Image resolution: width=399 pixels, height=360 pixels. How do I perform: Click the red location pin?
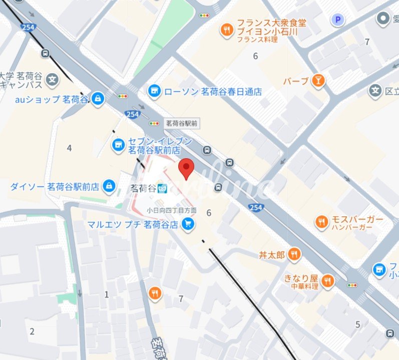click(186, 168)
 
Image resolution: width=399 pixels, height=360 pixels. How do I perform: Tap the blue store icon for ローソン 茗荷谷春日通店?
click(155, 91)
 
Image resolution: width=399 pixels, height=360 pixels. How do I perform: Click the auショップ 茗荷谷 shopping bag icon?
click(97, 99)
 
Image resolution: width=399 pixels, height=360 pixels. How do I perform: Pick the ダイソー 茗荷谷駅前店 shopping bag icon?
click(108, 187)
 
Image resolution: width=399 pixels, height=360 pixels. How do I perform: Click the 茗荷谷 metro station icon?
click(163, 189)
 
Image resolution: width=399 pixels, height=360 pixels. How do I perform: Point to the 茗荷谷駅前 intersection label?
click(182, 123)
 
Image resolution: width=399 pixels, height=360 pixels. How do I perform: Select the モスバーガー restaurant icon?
click(322, 221)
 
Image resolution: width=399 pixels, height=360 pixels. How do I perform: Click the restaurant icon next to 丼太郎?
click(294, 255)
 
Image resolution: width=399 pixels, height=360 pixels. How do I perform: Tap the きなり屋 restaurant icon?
click(328, 280)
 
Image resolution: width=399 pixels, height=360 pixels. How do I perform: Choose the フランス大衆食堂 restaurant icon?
click(227, 31)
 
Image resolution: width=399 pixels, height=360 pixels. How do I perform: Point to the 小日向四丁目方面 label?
click(171, 211)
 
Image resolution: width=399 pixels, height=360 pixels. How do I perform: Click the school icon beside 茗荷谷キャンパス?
click(52, 79)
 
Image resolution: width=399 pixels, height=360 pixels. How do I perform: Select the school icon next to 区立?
click(375, 91)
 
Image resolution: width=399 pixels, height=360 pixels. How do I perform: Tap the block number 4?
click(69, 148)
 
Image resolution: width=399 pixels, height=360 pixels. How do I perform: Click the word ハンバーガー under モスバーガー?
click(351, 228)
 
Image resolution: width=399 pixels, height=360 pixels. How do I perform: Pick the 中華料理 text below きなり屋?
click(304, 286)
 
